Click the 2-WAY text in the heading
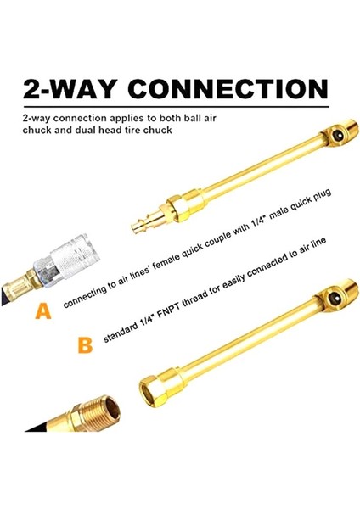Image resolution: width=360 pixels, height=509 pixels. click(x=70, y=89)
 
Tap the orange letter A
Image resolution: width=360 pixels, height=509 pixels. click(x=42, y=311)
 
